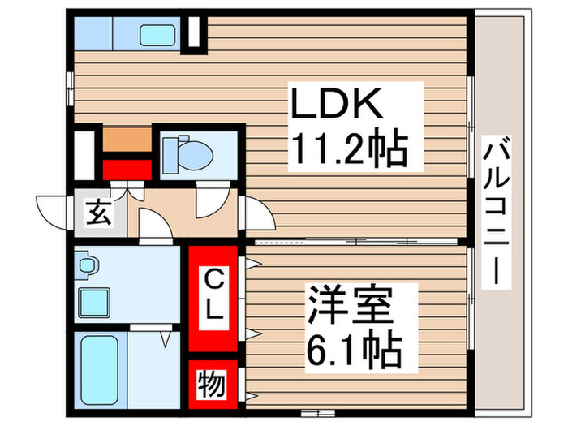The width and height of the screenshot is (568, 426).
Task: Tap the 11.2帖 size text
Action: click(349, 149)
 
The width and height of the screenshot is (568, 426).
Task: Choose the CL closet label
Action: click(213, 296)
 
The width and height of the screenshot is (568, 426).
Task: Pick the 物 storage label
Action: click(213, 384)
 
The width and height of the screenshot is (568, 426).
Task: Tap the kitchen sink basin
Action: click(156, 35)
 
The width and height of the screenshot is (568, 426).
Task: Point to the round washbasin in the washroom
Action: click(87, 265)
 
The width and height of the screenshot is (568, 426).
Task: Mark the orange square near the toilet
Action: click(127, 139)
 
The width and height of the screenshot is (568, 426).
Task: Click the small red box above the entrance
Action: click(127, 168)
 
